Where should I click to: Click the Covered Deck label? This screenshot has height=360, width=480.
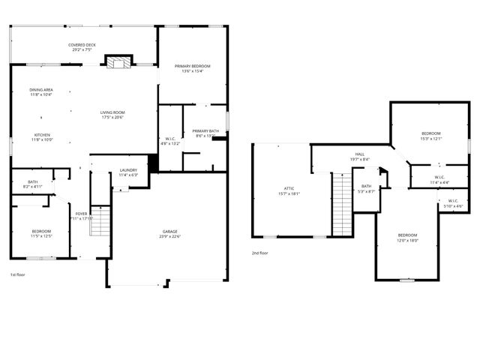click(x=82, y=45)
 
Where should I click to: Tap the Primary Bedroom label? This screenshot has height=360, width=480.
click(x=193, y=66)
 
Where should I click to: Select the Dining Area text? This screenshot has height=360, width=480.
click(x=41, y=90)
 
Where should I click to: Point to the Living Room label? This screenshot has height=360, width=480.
click(x=112, y=112)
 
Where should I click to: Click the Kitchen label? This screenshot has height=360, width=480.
click(x=40, y=135)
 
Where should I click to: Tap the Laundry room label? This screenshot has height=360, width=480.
click(x=128, y=170)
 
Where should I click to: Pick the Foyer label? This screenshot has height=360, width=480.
click(x=81, y=214)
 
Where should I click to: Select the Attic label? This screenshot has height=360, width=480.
click(x=289, y=189)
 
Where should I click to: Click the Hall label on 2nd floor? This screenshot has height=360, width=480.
click(x=359, y=154)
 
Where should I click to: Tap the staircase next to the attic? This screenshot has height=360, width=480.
click(x=342, y=202)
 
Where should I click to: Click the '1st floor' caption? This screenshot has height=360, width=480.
click(x=19, y=275)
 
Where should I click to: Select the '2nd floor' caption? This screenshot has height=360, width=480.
click(x=260, y=253)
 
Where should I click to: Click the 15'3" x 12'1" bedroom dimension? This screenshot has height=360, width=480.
click(x=431, y=139)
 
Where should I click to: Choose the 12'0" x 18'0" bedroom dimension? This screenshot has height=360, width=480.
click(x=407, y=241)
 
